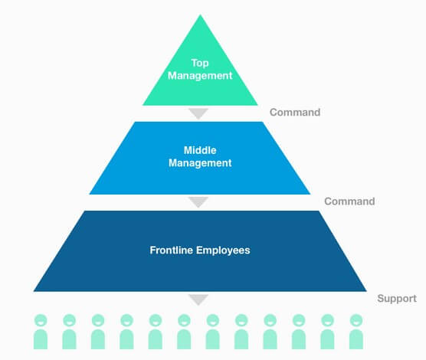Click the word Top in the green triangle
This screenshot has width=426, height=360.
(x=200, y=64)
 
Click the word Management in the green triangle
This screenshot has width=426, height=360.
(x=200, y=76)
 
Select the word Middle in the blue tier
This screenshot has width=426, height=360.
(x=200, y=150)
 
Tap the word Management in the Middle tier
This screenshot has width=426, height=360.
(x=200, y=163)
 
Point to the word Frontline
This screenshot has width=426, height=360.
(x=171, y=250)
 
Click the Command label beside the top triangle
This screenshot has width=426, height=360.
(x=295, y=112)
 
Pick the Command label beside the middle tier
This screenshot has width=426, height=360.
(x=349, y=201)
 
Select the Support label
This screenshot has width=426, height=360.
(x=397, y=298)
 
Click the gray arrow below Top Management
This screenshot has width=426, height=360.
(x=198, y=113)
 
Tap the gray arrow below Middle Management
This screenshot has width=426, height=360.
(x=198, y=202)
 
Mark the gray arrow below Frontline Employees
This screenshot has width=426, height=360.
(x=198, y=299)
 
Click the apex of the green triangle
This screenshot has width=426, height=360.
(x=201, y=15)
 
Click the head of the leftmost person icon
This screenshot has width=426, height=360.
(x=41, y=320)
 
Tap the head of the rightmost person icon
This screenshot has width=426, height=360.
(x=356, y=320)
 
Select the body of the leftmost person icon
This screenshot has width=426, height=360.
(x=41, y=339)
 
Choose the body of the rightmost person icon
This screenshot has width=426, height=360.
(x=356, y=339)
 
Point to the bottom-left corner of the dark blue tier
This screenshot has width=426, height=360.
(x=34, y=291)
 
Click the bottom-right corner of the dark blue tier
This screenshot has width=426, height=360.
(x=367, y=291)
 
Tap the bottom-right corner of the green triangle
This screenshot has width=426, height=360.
(x=258, y=105)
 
